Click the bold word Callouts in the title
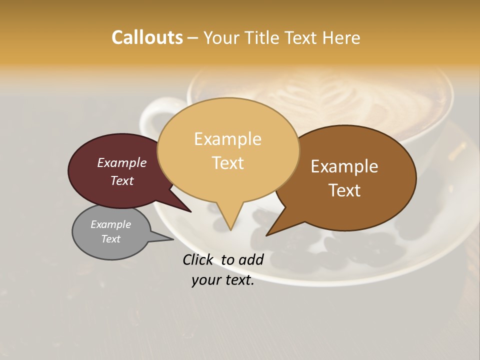(x=147, y=37)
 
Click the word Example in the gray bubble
(x=110, y=224)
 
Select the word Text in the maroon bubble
(x=122, y=180)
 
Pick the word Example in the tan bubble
(x=227, y=139)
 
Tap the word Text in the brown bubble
(x=345, y=190)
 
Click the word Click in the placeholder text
(x=199, y=259)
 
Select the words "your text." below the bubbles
(x=223, y=280)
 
